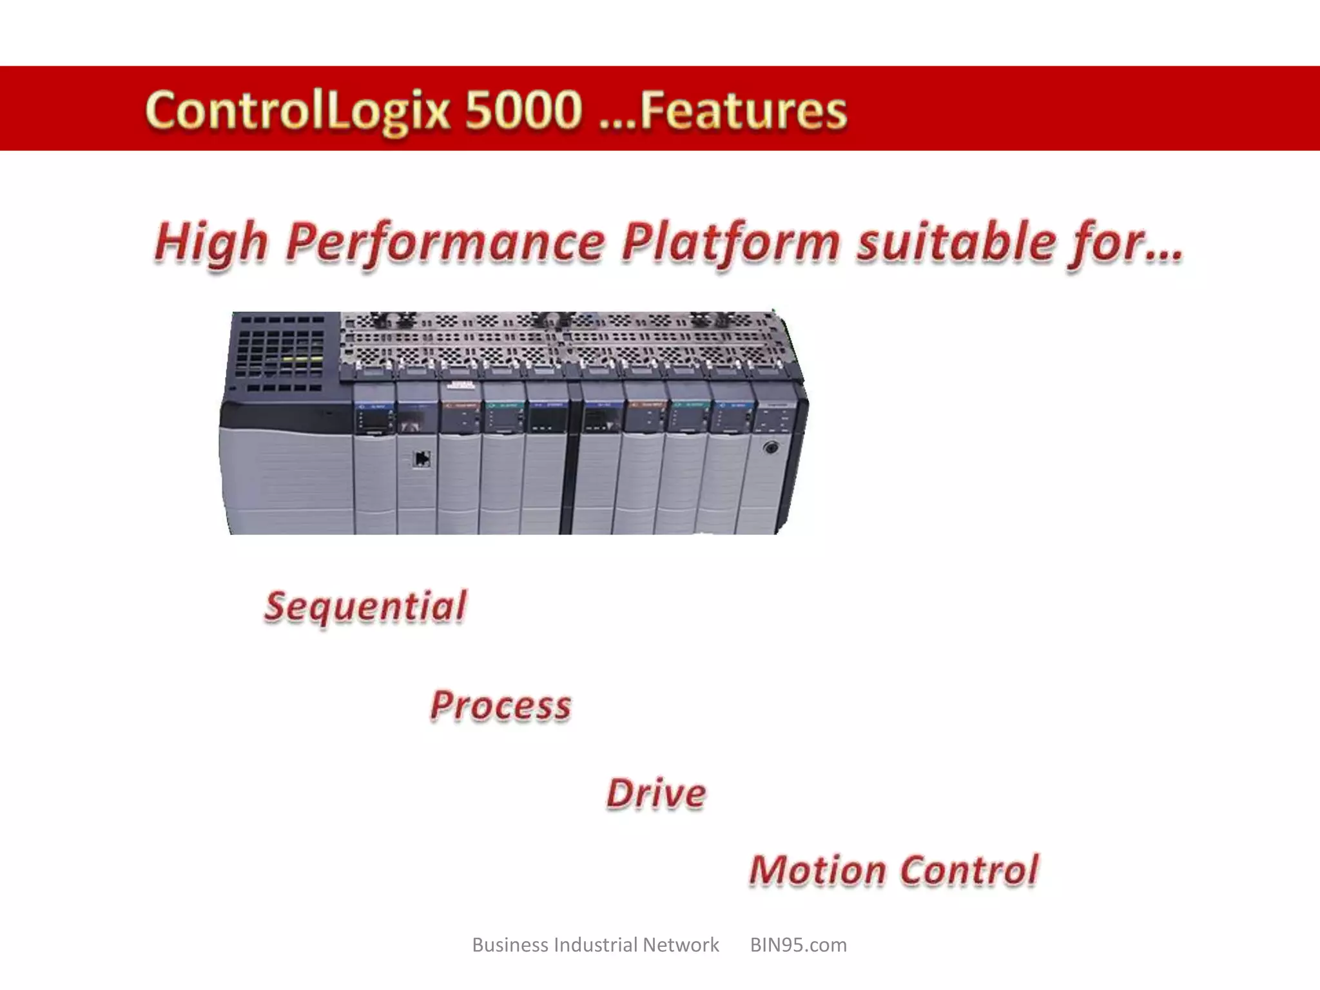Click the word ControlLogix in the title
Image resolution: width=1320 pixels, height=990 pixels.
298,110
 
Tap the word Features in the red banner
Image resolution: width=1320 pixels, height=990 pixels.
742,111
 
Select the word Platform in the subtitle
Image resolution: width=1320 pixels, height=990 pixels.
731,244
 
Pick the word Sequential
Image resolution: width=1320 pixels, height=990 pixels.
365,608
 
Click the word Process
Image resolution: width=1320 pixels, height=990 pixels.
501,706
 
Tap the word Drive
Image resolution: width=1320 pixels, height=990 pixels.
656,794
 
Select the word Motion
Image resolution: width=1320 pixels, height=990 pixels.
817,871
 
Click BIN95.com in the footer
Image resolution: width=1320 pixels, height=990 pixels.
798,945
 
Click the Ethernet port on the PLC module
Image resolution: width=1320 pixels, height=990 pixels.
422,459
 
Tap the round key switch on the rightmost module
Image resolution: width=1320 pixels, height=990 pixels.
770,447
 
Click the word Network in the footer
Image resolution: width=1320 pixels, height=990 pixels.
681,945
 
